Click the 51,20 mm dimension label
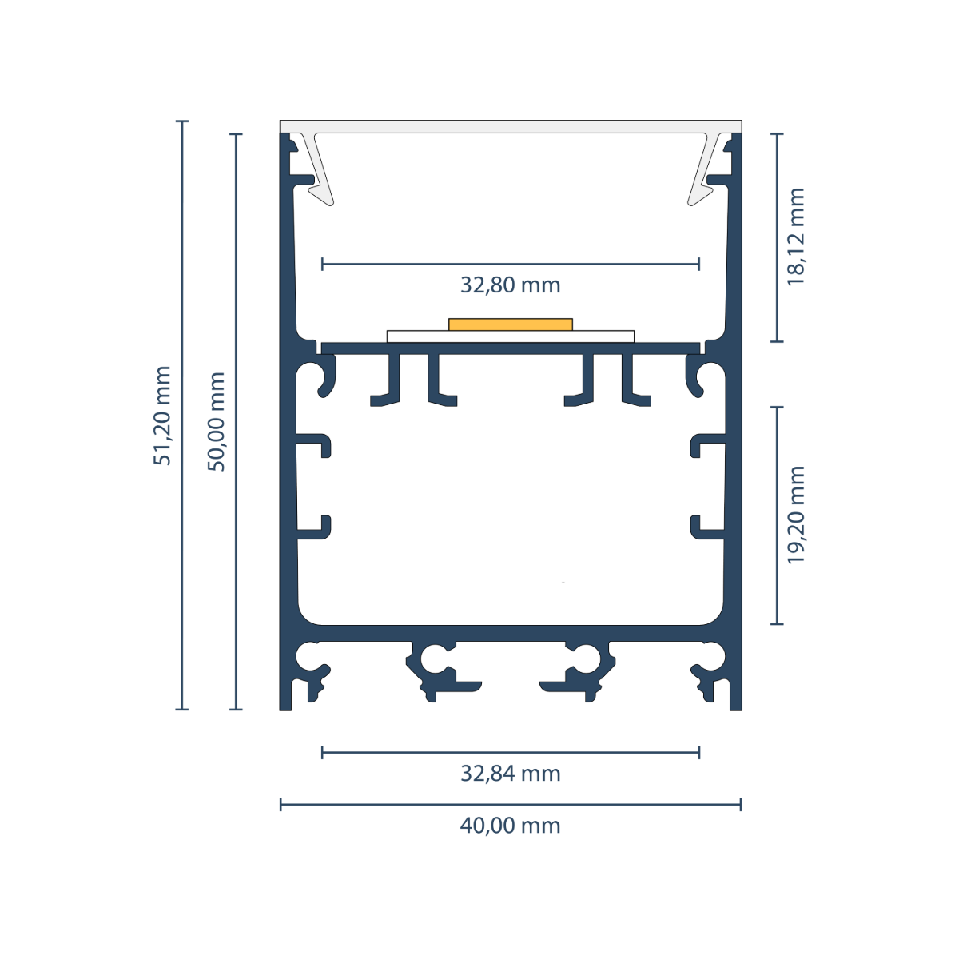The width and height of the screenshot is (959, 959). tap(162, 415)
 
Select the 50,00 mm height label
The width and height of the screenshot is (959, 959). tap(216, 421)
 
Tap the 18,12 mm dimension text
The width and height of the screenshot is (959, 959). tap(795, 236)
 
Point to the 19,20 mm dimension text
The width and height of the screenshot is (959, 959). tap(795, 515)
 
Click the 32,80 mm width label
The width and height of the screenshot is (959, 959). tap(510, 285)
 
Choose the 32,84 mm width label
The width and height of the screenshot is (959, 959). tap(510, 774)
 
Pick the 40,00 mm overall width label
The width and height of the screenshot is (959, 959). tap(510, 826)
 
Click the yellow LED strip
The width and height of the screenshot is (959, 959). tap(511, 324)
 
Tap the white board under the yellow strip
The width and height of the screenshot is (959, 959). tap(511, 336)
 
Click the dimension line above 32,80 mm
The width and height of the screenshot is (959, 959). tap(511, 264)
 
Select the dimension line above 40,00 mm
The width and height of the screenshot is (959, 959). tap(511, 804)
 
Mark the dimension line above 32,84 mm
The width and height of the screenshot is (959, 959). tap(511, 753)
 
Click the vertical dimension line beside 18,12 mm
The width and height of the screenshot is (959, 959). tap(777, 238)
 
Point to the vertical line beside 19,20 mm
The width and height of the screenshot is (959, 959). tap(777, 515)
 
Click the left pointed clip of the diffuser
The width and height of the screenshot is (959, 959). tap(319, 169)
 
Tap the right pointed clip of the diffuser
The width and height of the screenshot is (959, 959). tap(704, 169)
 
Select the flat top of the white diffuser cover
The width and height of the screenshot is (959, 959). tap(511, 126)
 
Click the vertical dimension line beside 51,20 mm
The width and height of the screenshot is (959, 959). tap(182, 415)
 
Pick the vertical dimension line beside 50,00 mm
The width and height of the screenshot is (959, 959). tap(236, 421)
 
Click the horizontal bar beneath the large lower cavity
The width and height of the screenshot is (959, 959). tap(511, 633)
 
